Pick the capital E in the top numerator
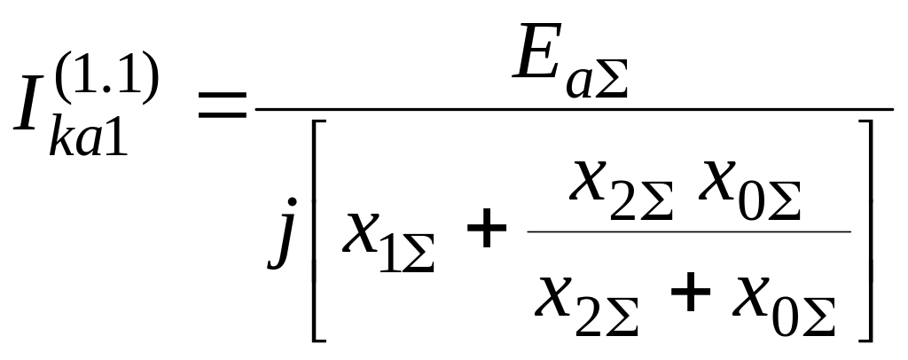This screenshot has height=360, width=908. (x=542, y=61)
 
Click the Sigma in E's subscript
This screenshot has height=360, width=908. (x=611, y=82)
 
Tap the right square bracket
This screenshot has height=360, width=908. (x=864, y=231)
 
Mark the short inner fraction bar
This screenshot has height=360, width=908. (x=688, y=232)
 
